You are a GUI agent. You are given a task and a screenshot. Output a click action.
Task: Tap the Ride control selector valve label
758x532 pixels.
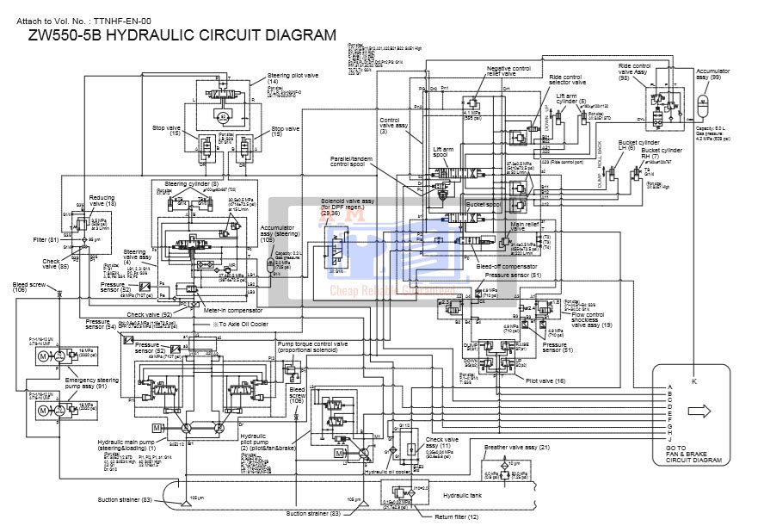click(567, 79)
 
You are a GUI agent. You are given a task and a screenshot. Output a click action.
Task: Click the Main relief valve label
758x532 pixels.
click(524, 226)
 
